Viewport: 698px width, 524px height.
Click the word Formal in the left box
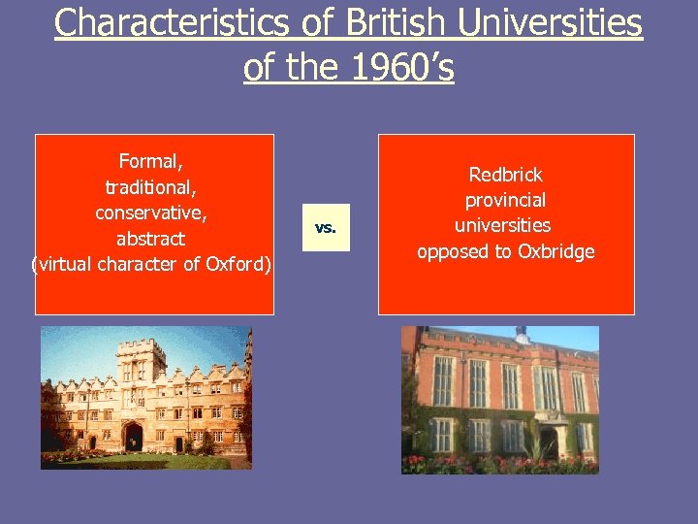pyautogui.click(x=148, y=161)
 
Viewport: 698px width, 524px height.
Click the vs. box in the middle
pyautogui.click(x=326, y=229)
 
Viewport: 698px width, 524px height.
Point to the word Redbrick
pyautogui.click(x=506, y=175)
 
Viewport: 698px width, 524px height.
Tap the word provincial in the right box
pyautogui.click(x=506, y=200)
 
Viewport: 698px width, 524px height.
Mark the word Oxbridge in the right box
pyautogui.click(x=555, y=251)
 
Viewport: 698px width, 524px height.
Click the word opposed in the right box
pyautogui.click(x=453, y=251)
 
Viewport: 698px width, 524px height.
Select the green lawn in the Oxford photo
pyautogui.click(x=145, y=462)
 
